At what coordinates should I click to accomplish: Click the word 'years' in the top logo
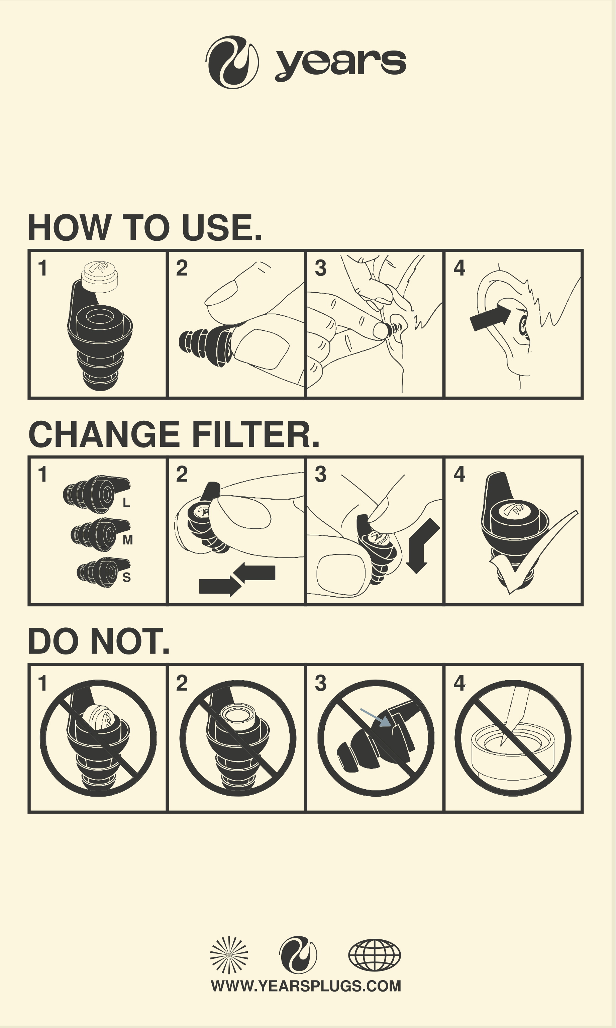point(340,64)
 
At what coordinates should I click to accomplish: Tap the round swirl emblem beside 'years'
point(232,62)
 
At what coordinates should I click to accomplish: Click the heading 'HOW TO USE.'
point(145,227)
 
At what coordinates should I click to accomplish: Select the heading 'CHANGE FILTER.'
point(174,434)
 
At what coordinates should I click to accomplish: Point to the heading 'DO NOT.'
point(99,641)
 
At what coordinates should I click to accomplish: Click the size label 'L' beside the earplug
point(126,503)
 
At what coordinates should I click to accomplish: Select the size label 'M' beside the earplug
point(128,540)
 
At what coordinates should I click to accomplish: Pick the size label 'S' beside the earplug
point(127,577)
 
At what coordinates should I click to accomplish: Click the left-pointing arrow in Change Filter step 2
point(254,572)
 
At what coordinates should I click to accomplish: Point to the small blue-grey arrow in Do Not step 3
point(376,718)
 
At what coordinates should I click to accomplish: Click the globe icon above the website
point(375,955)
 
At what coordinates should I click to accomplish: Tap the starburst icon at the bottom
point(229,955)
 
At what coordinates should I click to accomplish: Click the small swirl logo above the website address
point(298,955)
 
